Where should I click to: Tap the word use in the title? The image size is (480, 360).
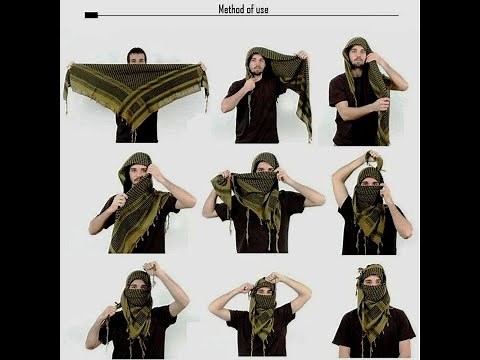262,10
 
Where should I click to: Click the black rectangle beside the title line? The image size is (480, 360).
91,15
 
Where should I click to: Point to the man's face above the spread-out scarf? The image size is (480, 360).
137,56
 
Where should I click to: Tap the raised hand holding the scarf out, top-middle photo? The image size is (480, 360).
303,57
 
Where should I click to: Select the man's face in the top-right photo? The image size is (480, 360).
357,58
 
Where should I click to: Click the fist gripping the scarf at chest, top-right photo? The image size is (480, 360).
382,104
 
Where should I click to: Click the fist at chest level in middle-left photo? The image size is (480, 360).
120,201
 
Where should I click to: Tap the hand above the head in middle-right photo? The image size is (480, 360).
372,158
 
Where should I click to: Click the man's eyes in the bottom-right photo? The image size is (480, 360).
373,282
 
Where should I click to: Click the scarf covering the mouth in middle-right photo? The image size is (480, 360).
368,195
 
